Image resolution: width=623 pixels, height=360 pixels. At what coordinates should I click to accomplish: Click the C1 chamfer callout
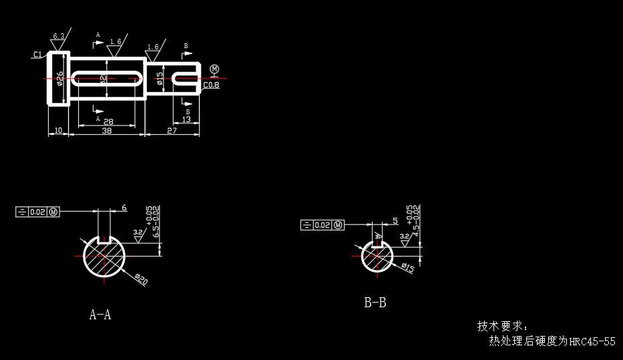(x=37, y=54)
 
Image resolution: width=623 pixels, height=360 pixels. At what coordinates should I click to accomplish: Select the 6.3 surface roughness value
(x=59, y=36)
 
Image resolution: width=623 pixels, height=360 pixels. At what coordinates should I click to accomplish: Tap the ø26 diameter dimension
(x=60, y=79)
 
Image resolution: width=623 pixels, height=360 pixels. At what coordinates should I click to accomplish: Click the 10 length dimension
(x=58, y=131)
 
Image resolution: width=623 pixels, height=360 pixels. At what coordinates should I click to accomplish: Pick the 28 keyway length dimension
(x=108, y=122)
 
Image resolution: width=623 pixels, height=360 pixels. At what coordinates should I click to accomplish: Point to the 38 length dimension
(x=106, y=131)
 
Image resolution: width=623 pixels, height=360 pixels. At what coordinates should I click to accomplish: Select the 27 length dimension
(x=172, y=131)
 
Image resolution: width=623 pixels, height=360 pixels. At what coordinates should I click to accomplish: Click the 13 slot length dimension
(x=186, y=120)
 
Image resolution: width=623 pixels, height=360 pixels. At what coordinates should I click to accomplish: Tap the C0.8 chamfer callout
(x=211, y=85)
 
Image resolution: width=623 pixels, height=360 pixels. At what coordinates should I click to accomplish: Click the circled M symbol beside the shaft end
(x=214, y=69)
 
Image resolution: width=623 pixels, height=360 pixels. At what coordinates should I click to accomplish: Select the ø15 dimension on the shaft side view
(x=160, y=79)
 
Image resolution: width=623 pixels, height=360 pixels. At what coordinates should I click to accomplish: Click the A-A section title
(x=100, y=315)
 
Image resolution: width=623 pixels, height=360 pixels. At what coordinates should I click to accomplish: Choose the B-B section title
(x=375, y=303)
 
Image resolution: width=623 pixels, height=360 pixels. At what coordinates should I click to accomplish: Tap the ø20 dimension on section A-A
(x=141, y=279)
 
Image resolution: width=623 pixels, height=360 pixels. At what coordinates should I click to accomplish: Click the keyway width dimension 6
(x=124, y=208)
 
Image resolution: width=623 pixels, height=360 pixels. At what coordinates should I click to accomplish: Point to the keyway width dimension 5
(x=395, y=220)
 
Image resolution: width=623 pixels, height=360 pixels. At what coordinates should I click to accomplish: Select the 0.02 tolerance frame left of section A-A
(x=38, y=212)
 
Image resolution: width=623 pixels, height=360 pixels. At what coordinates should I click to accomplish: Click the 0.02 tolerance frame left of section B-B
(x=323, y=224)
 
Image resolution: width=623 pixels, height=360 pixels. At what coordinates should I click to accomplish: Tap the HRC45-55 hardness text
(x=592, y=341)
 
